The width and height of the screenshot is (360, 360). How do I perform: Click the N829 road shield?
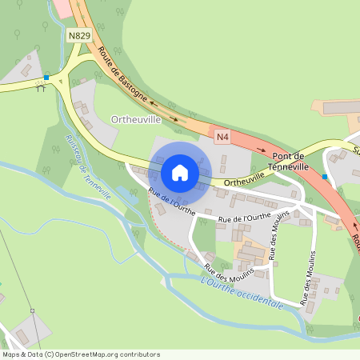tap(78, 36)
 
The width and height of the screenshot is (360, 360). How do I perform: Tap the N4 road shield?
tap(222, 138)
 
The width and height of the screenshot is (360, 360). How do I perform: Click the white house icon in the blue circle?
tap(180, 172)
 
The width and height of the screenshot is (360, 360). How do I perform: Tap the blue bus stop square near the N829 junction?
tap(46, 77)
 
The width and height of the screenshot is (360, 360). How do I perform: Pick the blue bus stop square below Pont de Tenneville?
tap(325, 175)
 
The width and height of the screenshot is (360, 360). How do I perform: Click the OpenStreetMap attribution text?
tap(80, 354)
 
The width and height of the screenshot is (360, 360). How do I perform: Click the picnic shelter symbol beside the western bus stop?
tap(40, 87)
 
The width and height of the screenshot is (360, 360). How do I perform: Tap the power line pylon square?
tap(33, 310)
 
